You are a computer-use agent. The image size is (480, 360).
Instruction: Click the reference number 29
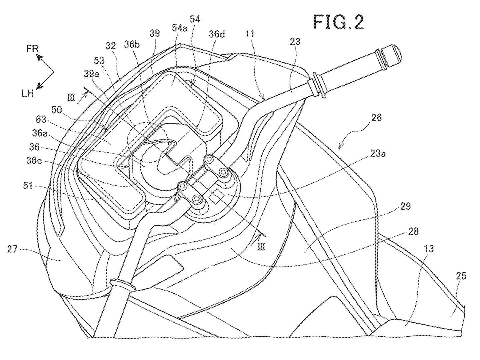pyautogui.click(x=405, y=206)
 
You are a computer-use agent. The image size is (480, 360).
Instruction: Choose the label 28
pyautogui.click(x=413, y=231)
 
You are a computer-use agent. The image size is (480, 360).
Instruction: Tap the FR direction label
pyautogui.click(x=33, y=48)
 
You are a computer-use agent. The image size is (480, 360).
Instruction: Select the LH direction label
pyautogui.click(x=28, y=94)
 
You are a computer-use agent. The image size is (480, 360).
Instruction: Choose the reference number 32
pyautogui.click(x=111, y=46)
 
